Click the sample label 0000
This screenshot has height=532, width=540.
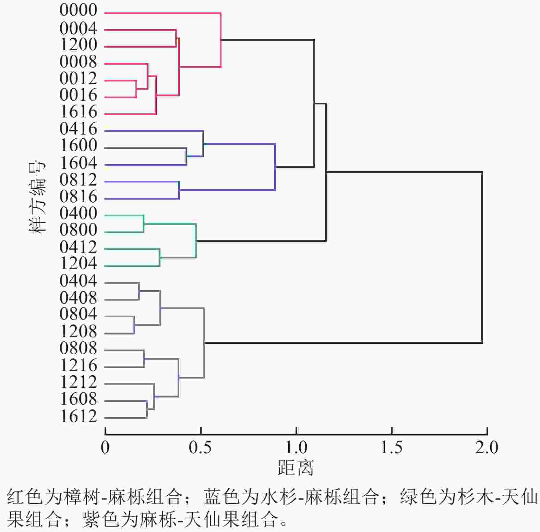click(78, 10)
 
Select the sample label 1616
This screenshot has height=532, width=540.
click(78, 112)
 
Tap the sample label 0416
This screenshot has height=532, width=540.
click(78, 129)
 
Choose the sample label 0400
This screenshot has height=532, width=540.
click(78, 214)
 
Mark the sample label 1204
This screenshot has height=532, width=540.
click(78, 263)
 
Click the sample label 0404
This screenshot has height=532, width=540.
click(78, 281)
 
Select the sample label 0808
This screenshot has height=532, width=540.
click(78, 349)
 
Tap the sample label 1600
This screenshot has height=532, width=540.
click(78, 146)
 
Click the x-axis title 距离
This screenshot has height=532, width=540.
click(296, 468)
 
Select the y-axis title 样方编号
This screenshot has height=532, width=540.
click(37, 198)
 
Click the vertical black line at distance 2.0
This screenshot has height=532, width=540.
click(482, 257)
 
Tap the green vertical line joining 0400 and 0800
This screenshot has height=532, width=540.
click(144, 224)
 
